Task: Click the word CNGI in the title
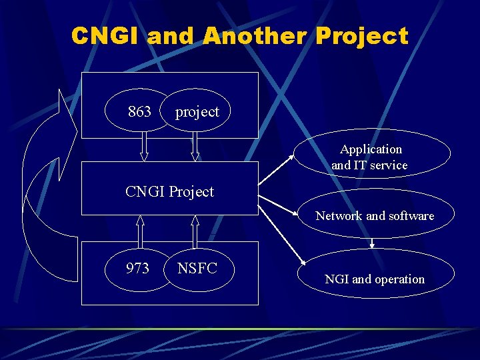point(105,35)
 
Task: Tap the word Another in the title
point(255,35)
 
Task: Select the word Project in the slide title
point(363,35)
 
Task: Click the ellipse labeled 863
point(139,111)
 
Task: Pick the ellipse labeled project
point(197,111)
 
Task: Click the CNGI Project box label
point(169,192)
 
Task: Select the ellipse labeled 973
point(138,269)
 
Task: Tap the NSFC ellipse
point(197,269)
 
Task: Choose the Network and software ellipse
point(374,215)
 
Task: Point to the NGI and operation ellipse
point(374,279)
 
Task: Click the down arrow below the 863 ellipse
point(143,147)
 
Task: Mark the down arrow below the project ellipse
point(195,147)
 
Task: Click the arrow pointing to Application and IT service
point(277,169)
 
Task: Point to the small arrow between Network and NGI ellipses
point(372,243)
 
